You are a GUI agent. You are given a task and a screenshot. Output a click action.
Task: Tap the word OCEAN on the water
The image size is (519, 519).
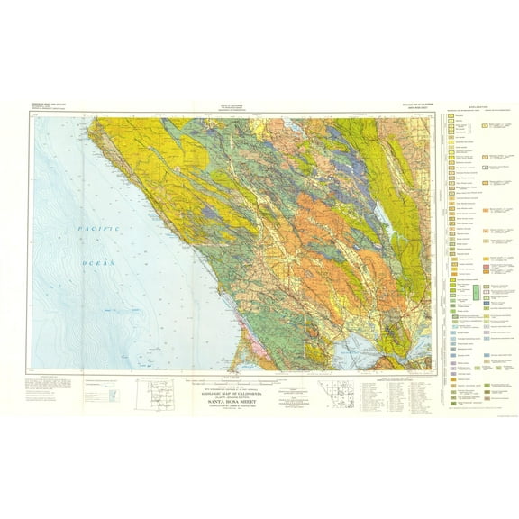coord(98,263)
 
